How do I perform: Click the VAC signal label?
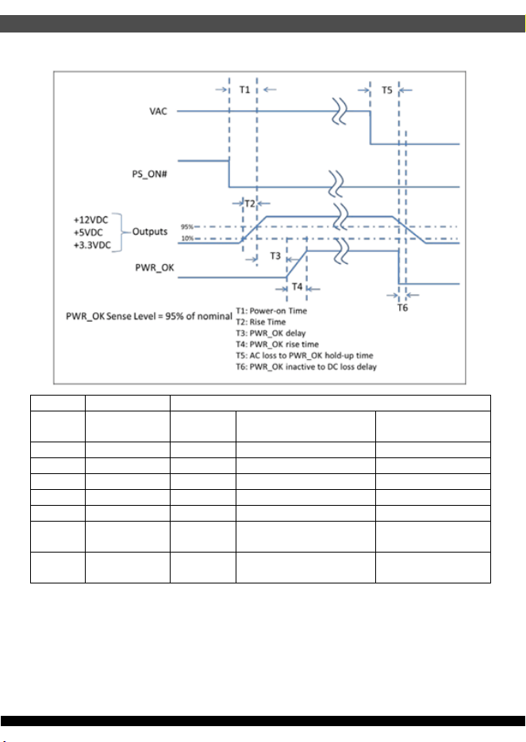[x=158, y=111]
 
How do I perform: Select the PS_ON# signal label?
[x=150, y=174]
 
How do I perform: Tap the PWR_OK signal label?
[x=155, y=268]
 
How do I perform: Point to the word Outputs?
[x=150, y=231]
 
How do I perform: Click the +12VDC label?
[x=90, y=220]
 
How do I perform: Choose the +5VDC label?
[x=88, y=232]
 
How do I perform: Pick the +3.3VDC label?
[x=92, y=245]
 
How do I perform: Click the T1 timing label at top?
[x=244, y=90]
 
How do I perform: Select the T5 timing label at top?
[x=387, y=90]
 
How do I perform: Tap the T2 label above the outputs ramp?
[x=249, y=204]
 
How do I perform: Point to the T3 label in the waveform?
[x=275, y=256]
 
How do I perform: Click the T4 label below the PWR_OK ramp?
[x=297, y=287]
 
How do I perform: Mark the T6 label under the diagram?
[x=402, y=308]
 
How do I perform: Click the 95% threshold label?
[x=187, y=228]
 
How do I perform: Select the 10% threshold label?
[x=187, y=239]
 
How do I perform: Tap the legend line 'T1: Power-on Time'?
[x=271, y=311]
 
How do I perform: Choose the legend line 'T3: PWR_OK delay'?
[x=271, y=333]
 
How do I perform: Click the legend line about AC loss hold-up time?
[x=305, y=355]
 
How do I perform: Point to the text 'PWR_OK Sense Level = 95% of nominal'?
[x=148, y=316]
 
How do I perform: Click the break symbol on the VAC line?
[x=340, y=111]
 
